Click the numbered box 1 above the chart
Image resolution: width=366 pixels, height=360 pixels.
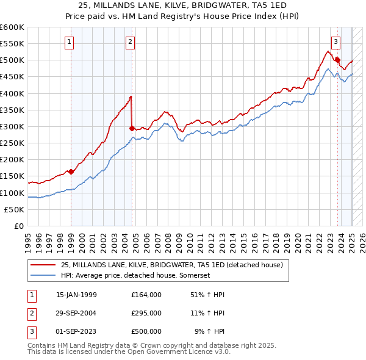pyautogui.click(x=70, y=42)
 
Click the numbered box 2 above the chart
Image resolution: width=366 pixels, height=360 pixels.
pyautogui.click(x=131, y=42)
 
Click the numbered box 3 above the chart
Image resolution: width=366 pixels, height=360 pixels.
pyautogui.click(x=336, y=42)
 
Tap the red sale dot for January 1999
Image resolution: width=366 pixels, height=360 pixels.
pyautogui.click(x=71, y=171)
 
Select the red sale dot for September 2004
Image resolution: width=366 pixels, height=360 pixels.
pyautogui.click(x=132, y=128)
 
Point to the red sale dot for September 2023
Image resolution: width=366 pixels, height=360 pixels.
pyautogui.click(x=337, y=60)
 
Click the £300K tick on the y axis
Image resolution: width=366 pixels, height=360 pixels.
pyautogui.click(x=12, y=126)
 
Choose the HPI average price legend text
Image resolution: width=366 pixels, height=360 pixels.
pyautogui.click(x=135, y=276)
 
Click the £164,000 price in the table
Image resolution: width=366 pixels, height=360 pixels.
pyautogui.click(x=146, y=295)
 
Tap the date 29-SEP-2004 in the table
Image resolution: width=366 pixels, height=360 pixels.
pyautogui.click(x=76, y=313)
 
